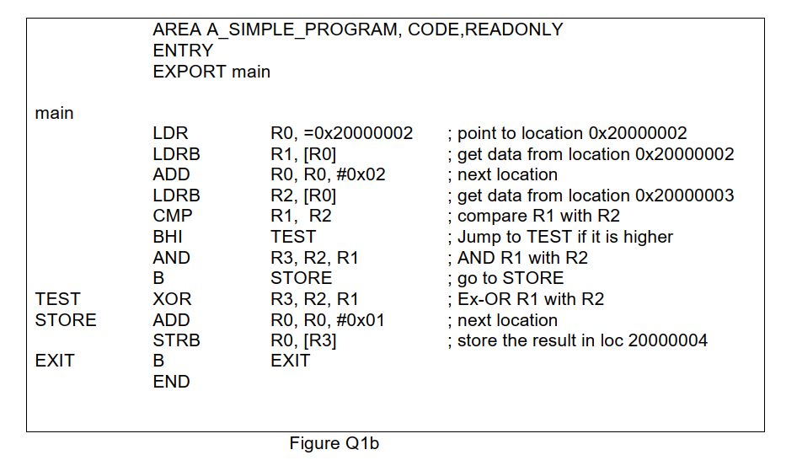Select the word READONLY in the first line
coord(514,29)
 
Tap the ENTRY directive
coord(183,51)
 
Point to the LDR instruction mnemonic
coord(170,133)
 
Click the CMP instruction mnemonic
coord(173,216)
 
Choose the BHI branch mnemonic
coord(168,237)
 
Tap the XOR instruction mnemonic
coord(172,299)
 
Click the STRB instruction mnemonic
coord(175,340)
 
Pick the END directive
coord(171,382)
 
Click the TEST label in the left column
coord(58,299)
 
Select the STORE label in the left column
coord(66,320)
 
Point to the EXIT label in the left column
coord(55,361)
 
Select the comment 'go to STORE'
coord(510,278)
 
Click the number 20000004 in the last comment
coord(667,340)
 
